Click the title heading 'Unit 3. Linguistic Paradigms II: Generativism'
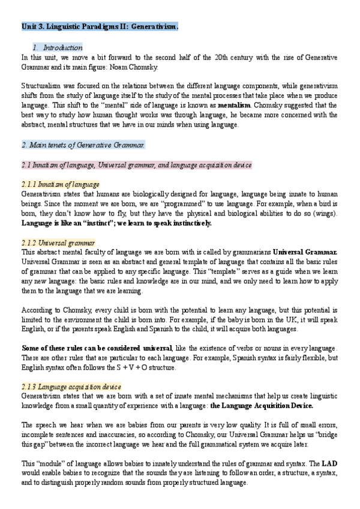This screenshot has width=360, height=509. coord(99,27)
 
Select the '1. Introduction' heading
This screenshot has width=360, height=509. coord(58,47)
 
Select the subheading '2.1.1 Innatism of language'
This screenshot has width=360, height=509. coord(60,184)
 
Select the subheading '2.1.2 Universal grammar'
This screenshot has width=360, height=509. coord(58,242)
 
